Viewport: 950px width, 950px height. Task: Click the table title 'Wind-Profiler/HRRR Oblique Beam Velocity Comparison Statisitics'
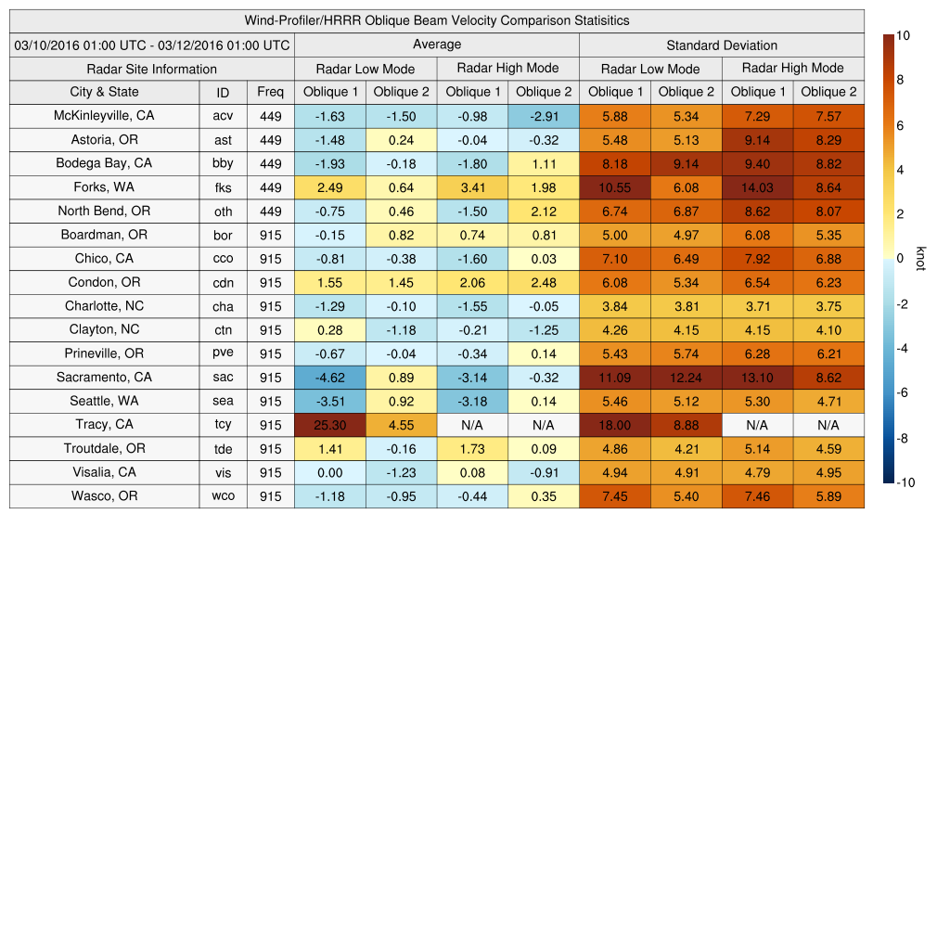coord(437,20)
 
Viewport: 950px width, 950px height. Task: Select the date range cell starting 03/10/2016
coord(152,45)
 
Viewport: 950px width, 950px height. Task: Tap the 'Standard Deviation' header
coord(722,45)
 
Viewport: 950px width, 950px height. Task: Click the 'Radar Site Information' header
coord(152,69)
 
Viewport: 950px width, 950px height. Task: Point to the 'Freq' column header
coord(271,92)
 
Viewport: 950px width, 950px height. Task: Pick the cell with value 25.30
coord(330,425)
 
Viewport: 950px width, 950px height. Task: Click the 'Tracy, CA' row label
coord(105,425)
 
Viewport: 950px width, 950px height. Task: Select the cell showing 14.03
coord(758,187)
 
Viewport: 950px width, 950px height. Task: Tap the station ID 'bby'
coord(223,163)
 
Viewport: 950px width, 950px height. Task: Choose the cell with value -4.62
coord(330,378)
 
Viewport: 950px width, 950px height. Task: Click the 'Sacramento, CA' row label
coord(105,378)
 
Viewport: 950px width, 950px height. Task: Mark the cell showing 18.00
coord(615,425)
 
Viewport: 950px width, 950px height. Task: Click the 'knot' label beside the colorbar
coord(921,259)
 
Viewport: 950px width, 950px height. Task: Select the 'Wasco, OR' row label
coord(105,496)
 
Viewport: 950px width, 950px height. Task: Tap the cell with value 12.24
coord(687,378)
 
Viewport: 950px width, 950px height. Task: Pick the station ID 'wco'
coord(223,496)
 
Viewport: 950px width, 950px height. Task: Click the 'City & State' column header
coord(105,92)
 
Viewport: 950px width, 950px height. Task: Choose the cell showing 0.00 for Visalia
coord(330,472)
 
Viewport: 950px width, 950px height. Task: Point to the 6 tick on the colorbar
coord(901,125)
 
